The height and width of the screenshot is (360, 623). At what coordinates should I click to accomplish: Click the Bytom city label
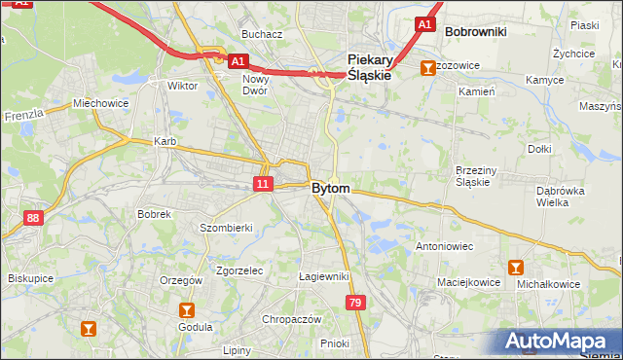click(x=331, y=188)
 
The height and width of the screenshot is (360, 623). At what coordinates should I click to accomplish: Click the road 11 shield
click(x=263, y=183)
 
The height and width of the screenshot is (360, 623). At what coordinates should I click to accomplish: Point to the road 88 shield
click(x=34, y=218)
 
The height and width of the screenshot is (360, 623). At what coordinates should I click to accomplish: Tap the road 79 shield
click(x=356, y=305)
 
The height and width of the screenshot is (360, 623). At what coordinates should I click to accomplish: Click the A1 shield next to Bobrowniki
click(x=423, y=23)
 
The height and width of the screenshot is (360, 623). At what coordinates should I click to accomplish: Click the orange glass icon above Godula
click(x=186, y=309)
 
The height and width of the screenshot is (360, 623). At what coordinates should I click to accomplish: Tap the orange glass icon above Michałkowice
click(x=515, y=268)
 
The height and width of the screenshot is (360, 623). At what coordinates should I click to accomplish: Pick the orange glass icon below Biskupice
click(x=90, y=328)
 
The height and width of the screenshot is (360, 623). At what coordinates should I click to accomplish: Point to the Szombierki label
click(x=226, y=228)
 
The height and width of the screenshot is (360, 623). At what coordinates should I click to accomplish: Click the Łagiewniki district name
click(x=324, y=276)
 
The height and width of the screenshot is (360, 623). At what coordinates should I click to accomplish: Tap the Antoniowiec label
click(x=444, y=246)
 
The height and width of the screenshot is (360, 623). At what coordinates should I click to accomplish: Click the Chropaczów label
click(x=291, y=319)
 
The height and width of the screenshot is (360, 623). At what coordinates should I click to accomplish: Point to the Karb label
click(x=165, y=141)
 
